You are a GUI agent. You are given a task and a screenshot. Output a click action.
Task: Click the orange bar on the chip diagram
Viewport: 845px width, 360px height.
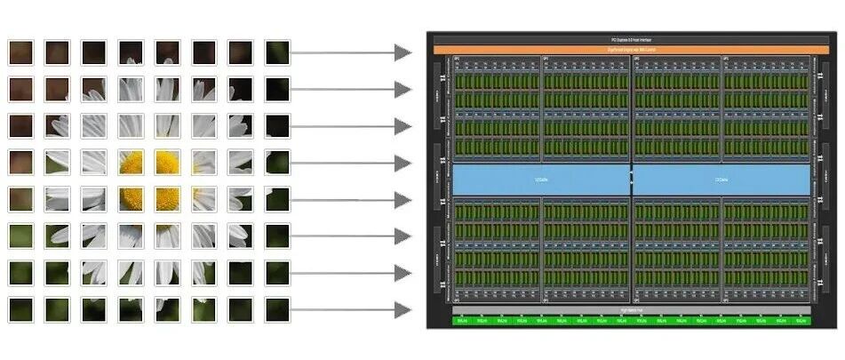pos(632,50)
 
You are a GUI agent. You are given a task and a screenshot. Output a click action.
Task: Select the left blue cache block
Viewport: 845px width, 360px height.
pos(541,180)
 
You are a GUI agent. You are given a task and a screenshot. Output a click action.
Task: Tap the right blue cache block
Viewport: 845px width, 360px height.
pos(721,180)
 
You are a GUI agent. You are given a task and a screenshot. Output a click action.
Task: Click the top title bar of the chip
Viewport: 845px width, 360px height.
pos(632,40)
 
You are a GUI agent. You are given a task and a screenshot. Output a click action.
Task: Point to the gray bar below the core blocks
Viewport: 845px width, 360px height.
pos(632,311)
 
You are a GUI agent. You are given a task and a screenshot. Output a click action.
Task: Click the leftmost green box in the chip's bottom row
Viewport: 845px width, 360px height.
pos(462,320)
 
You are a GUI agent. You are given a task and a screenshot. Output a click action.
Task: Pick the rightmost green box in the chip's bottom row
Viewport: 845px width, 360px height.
pos(801,320)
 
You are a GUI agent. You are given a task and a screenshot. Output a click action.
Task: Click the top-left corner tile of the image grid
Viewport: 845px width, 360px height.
pos(21,52)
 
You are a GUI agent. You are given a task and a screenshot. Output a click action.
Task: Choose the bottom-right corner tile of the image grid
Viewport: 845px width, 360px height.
pos(277,308)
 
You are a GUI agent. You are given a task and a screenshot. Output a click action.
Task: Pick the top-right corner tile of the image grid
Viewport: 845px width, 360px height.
pos(277,52)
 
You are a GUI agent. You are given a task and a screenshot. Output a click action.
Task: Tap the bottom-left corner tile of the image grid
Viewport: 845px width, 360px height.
pos(21,308)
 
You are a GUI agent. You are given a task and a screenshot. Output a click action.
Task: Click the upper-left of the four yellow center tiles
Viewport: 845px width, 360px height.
pos(131,162)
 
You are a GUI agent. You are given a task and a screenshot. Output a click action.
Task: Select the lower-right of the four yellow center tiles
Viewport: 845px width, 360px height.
pos(168,198)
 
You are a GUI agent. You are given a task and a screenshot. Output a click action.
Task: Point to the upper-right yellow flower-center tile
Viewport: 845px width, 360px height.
pos(168,162)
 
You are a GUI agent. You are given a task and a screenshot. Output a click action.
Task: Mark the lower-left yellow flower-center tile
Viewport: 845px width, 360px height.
pos(131,198)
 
